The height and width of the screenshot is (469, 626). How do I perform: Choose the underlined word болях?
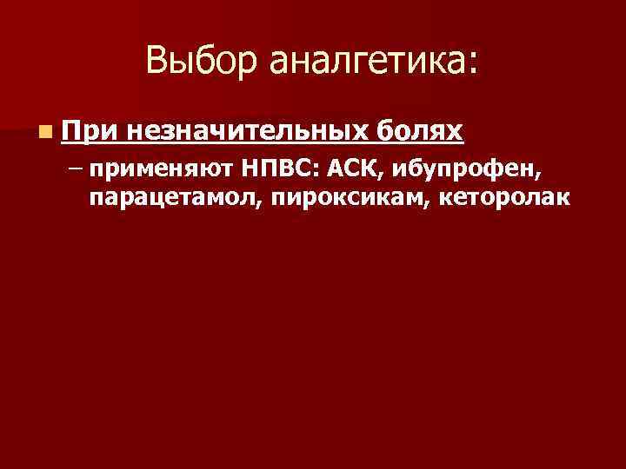click(x=422, y=131)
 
